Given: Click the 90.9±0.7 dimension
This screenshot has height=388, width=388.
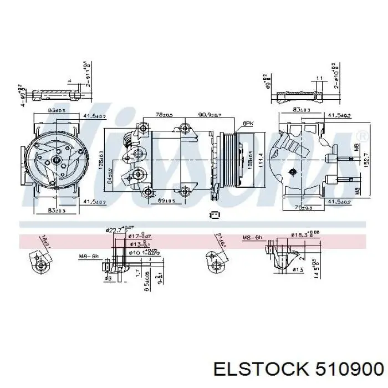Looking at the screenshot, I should coord(210,115).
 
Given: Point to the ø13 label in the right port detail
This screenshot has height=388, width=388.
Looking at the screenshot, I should coord(297,270).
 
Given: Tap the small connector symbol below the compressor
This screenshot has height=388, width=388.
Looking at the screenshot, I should coord(215,215).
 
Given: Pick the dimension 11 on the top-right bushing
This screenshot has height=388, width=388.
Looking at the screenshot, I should coord(319,78).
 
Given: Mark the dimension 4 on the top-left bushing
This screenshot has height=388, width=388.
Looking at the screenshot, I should coord(69,81).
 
